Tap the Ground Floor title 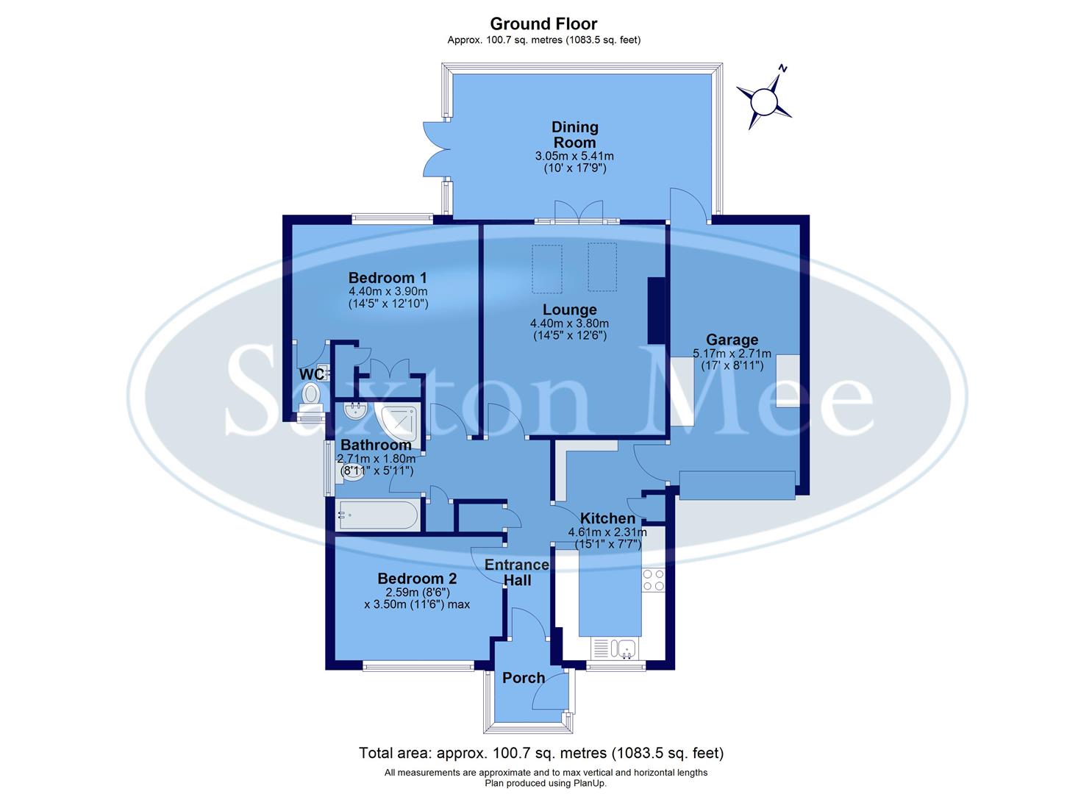(x=543, y=24)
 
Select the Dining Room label (x=575, y=135)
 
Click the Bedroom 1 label (x=388, y=278)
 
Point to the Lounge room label (x=569, y=310)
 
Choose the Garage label (x=732, y=340)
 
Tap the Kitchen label (x=607, y=518)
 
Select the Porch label (x=524, y=678)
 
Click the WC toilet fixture (x=313, y=393)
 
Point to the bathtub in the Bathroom (x=377, y=515)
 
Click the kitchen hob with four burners (x=653, y=580)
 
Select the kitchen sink (x=626, y=648)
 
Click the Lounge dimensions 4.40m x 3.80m (x=569, y=323)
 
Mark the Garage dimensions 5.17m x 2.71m (x=732, y=354)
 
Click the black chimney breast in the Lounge (x=655, y=310)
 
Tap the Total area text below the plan (x=541, y=753)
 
